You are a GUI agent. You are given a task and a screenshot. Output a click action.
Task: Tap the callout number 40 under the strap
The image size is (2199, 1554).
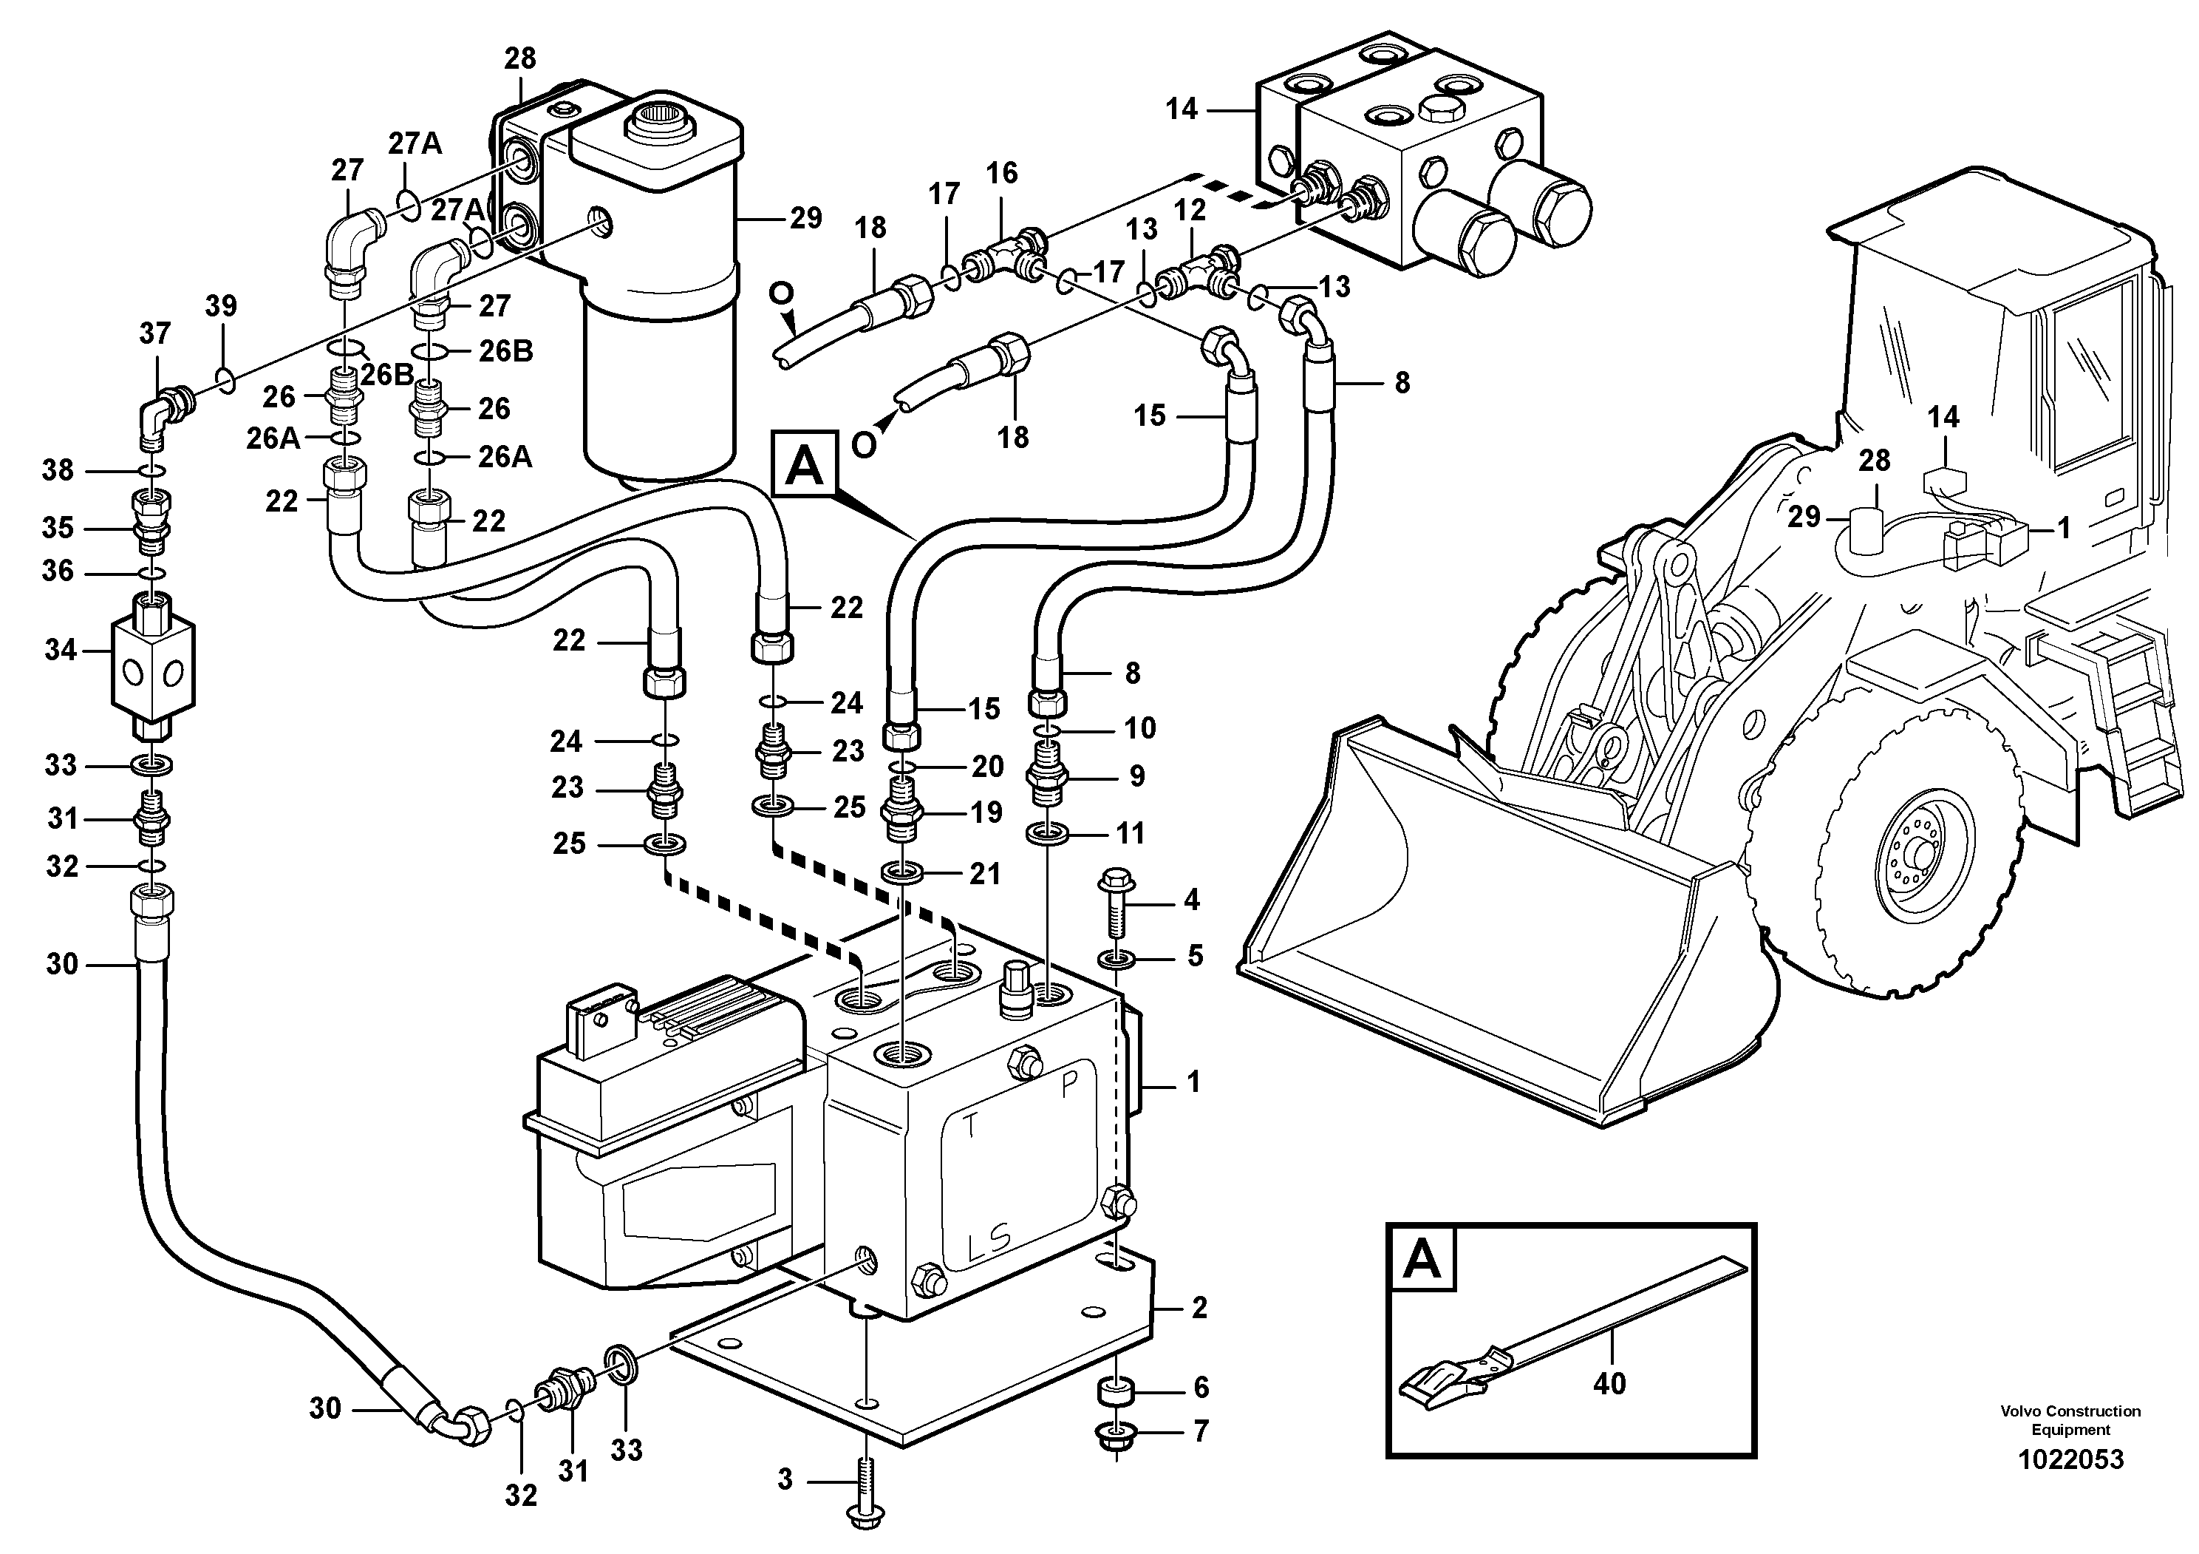point(1609,1383)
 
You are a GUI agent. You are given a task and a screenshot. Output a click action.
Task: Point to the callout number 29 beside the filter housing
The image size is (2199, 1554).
point(805,218)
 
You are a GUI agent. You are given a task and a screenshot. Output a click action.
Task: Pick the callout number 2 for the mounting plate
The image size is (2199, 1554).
point(1199,1308)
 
